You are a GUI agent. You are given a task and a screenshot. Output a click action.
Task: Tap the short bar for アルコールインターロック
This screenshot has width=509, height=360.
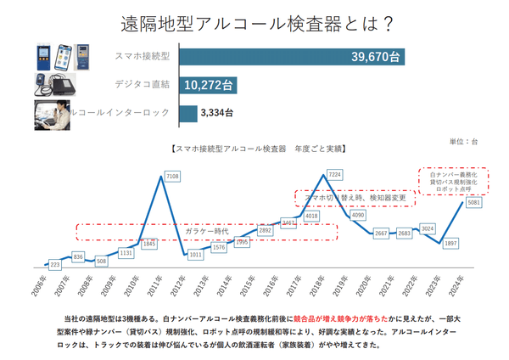pos(186,111)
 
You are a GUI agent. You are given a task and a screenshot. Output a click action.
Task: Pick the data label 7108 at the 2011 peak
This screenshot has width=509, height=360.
pos(171,176)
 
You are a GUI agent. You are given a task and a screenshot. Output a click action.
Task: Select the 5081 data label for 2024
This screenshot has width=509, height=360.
pos(473,202)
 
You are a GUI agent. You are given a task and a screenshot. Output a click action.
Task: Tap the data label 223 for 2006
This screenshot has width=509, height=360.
pos(55,265)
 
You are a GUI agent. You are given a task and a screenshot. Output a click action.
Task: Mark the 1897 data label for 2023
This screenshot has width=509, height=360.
pos(451,243)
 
